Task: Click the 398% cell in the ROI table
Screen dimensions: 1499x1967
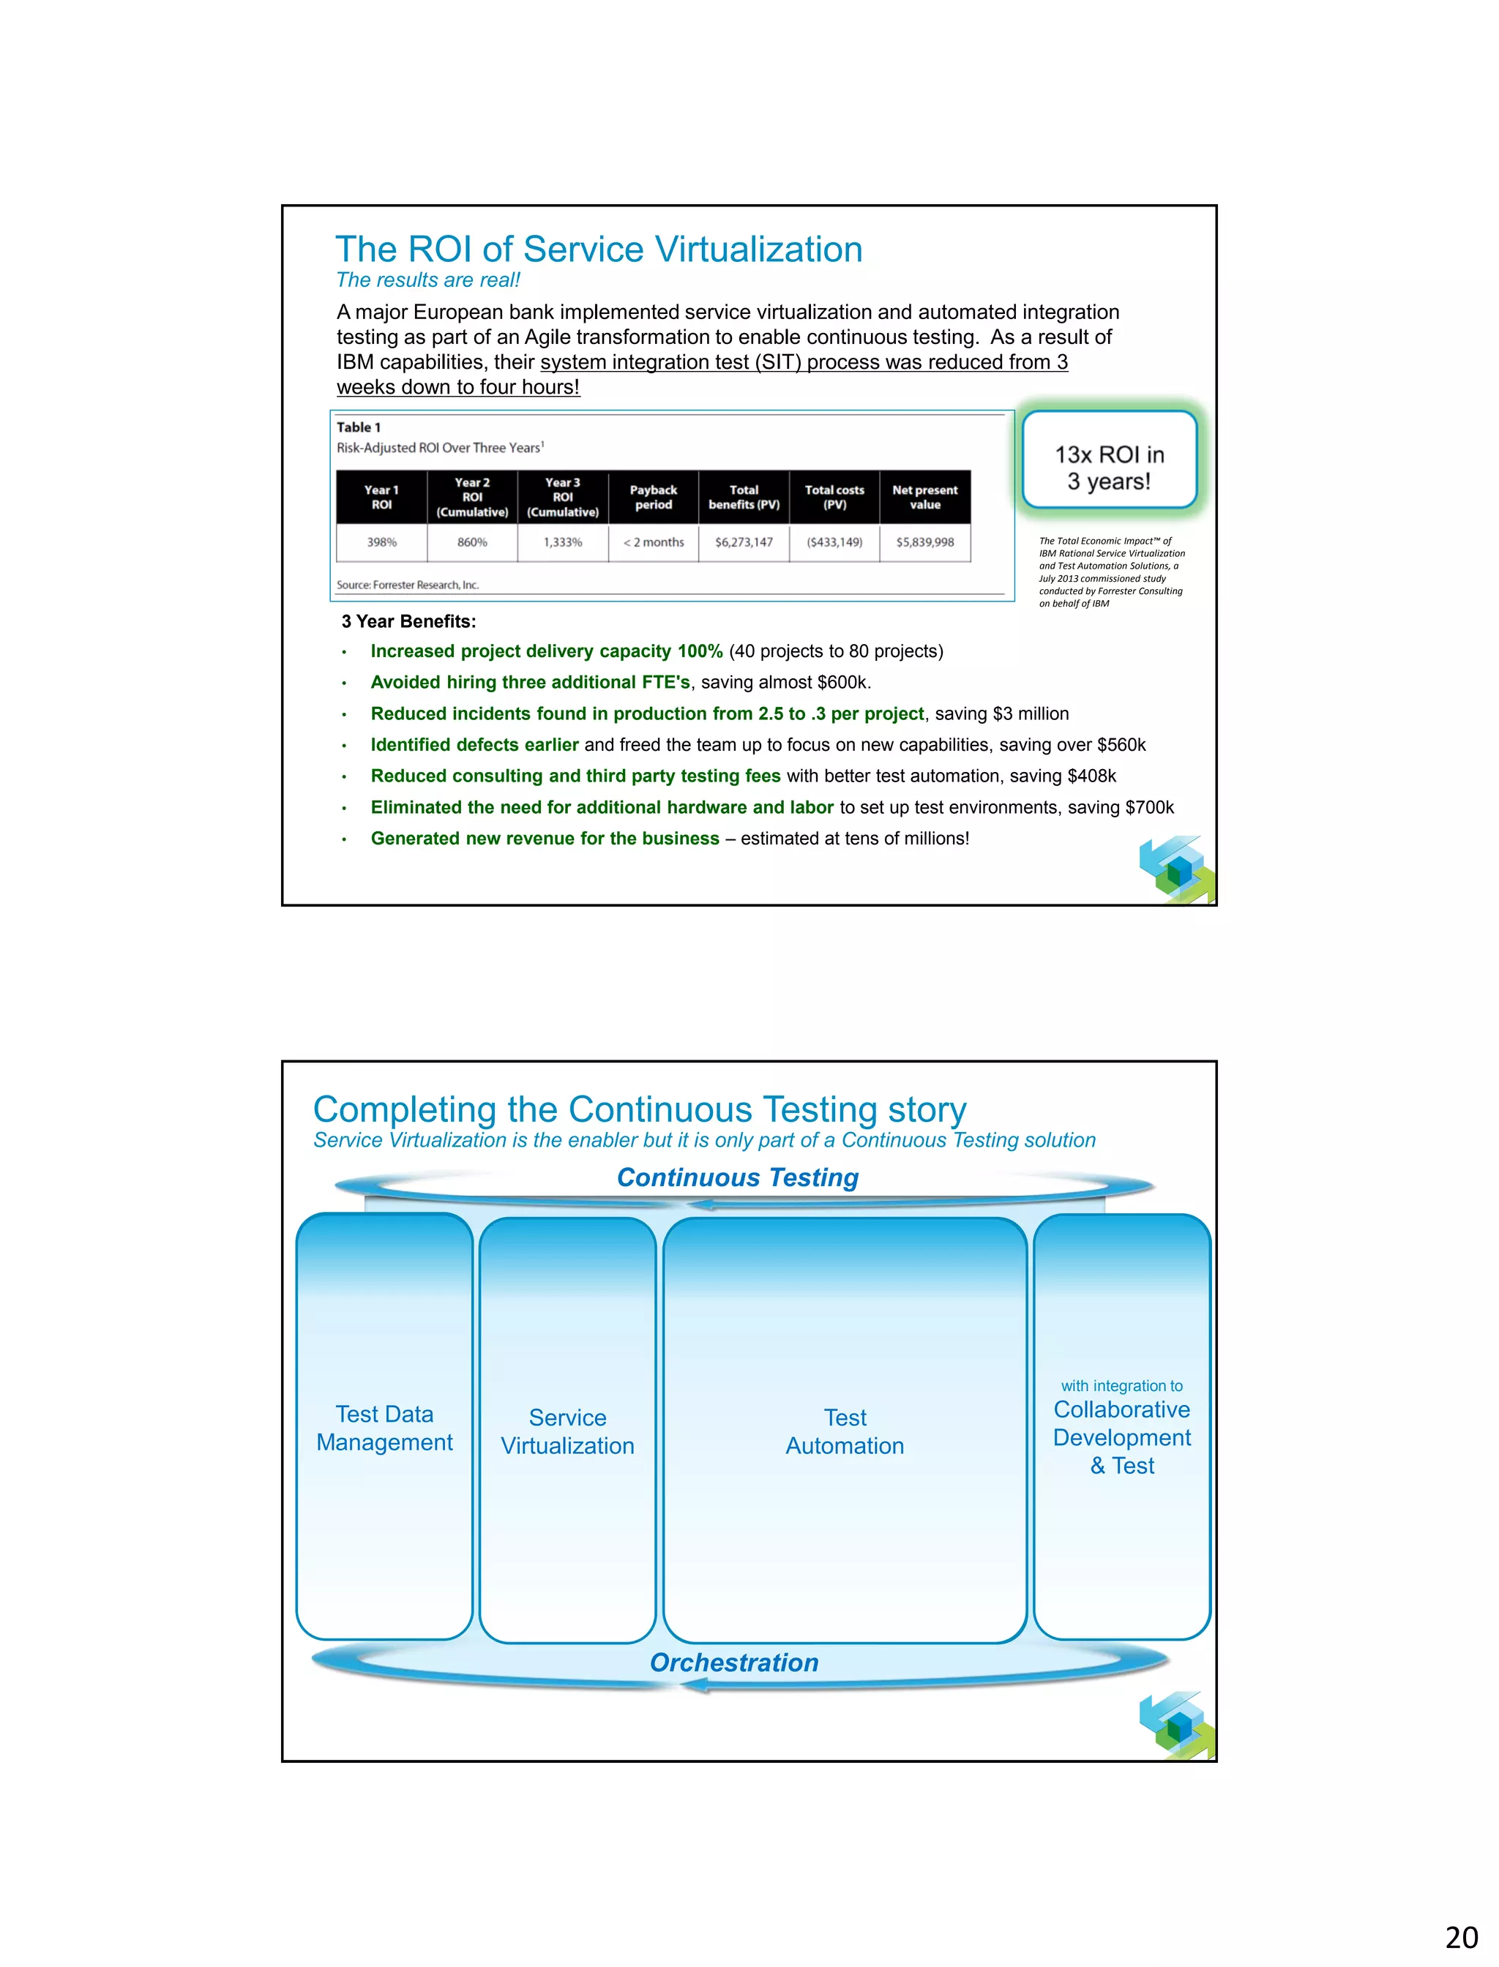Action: tap(382, 542)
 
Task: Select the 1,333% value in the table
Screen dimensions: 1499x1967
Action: tap(563, 542)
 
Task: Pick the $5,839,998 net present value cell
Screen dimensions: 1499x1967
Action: tap(925, 542)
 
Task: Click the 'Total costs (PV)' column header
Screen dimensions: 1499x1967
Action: tap(834, 497)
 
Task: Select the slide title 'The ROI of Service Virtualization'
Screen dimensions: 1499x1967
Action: tap(599, 250)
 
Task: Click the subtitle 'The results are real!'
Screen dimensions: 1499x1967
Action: tap(427, 280)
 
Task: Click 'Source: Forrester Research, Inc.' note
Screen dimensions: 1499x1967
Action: tap(408, 585)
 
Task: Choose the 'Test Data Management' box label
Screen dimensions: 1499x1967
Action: tap(384, 1428)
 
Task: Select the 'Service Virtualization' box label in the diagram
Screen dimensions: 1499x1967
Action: tap(567, 1432)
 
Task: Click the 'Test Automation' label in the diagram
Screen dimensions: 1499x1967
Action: tap(845, 1432)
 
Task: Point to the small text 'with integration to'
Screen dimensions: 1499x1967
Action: tap(1121, 1385)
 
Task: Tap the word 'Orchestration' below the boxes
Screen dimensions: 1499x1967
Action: tap(734, 1663)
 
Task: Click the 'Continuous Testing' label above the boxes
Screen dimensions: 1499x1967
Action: tap(738, 1177)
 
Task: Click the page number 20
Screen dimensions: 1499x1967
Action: tap(1462, 1938)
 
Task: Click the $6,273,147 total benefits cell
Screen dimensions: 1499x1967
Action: tap(744, 542)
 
